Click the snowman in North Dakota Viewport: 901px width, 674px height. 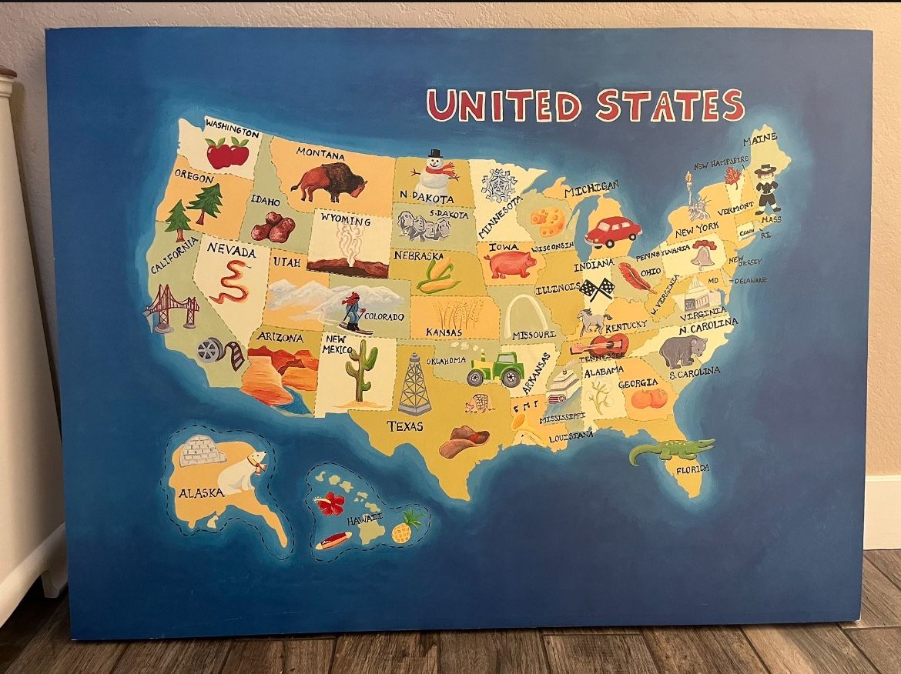[x=434, y=175]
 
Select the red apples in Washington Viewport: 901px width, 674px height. [x=228, y=152]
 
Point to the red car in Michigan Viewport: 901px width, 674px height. [x=612, y=231]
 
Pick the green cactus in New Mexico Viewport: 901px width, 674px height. [x=360, y=369]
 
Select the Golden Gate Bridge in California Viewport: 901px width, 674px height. [x=172, y=306]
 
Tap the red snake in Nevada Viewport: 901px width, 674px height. [x=230, y=282]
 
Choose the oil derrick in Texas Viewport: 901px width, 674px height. [x=414, y=384]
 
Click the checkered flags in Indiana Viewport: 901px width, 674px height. [x=597, y=289]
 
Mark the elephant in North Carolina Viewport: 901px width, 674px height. [x=682, y=351]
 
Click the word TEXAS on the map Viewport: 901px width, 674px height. [x=405, y=425]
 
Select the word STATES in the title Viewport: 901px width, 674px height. [x=670, y=105]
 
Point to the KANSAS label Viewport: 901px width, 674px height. [x=444, y=332]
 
